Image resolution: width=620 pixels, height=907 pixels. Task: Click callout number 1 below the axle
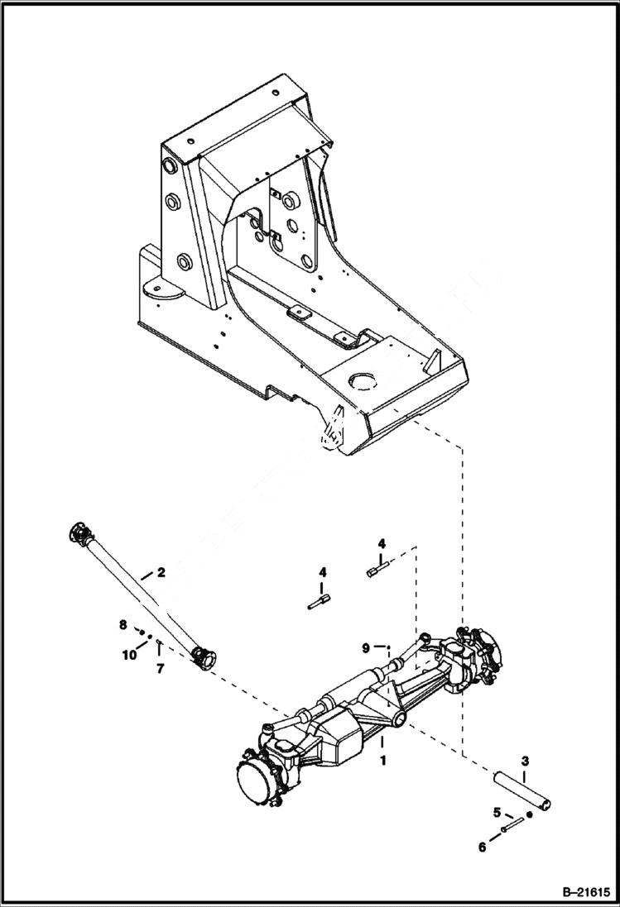tap(382, 757)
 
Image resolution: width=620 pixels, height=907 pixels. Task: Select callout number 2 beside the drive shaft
tap(161, 571)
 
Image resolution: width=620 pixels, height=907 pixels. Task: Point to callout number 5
tap(497, 812)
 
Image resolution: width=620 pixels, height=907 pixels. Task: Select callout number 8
tap(123, 624)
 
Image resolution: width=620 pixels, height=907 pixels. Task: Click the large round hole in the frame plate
tap(363, 381)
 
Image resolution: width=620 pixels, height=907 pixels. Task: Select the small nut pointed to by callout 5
tap(529, 814)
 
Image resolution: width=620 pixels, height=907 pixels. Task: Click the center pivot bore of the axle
tap(399, 720)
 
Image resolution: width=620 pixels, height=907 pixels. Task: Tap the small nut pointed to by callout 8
tap(142, 633)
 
